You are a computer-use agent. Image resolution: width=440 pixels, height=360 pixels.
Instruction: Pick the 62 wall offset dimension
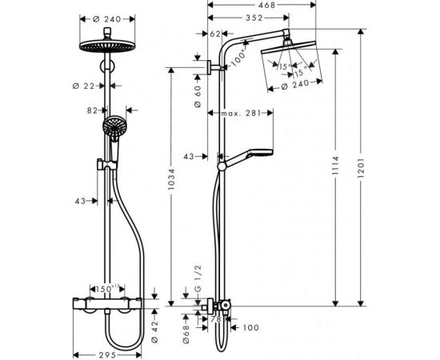point(214,34)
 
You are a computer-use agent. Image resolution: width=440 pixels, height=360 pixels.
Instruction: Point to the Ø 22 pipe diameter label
point(90,86)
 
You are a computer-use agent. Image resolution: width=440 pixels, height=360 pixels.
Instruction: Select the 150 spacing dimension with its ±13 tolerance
point(107,288)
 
